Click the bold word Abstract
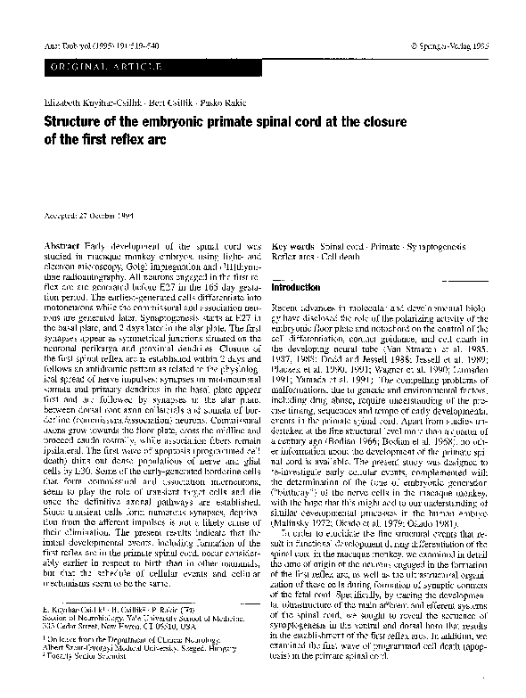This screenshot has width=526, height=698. (62, 244)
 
